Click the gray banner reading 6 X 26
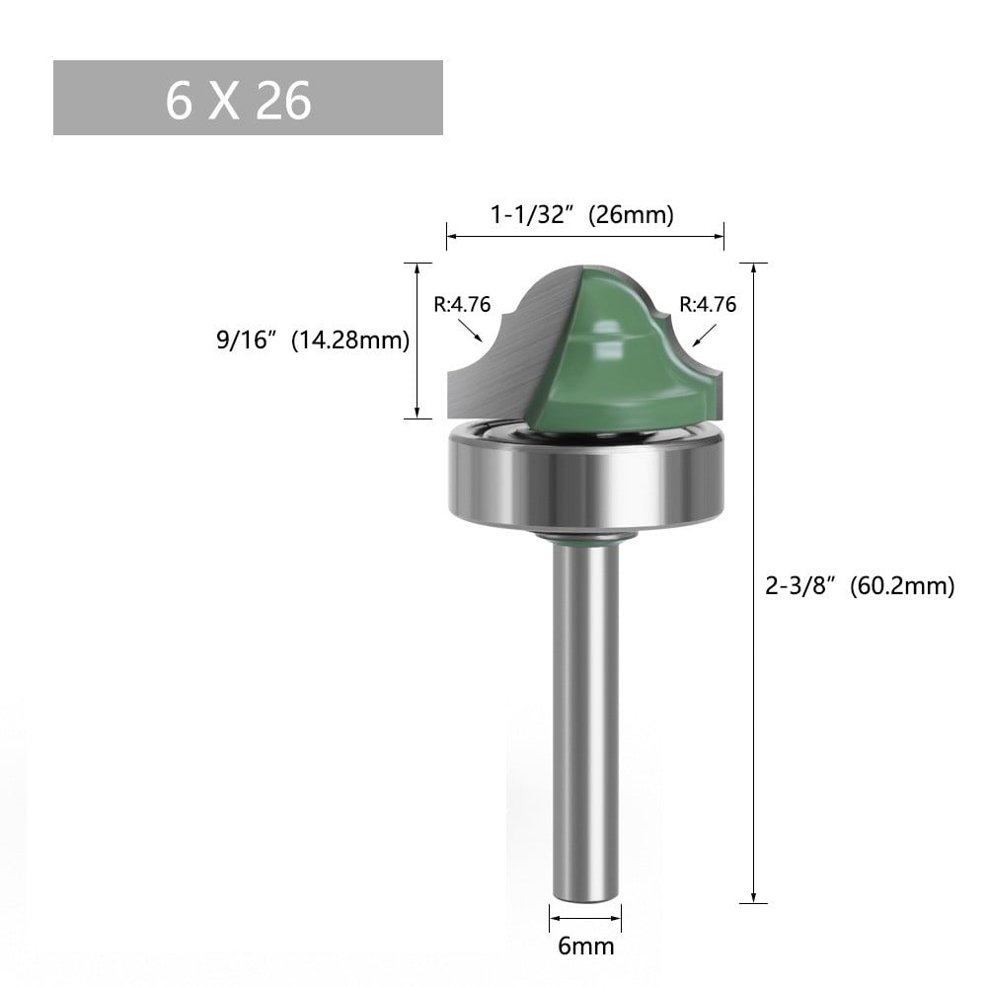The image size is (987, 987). tap(248, 98)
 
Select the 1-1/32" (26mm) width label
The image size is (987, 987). tap(583, 215)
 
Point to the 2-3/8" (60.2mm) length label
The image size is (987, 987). tap(860, 586)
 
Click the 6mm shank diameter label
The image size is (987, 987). tap(585, 947)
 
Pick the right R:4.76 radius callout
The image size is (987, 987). tap(707, 304)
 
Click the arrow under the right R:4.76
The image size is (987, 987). tap(704, 336)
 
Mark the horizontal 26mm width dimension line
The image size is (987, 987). tap(584, 236)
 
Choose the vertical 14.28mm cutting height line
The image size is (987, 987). tap(418, 341)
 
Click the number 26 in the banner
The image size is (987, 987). tap(283, 100)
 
